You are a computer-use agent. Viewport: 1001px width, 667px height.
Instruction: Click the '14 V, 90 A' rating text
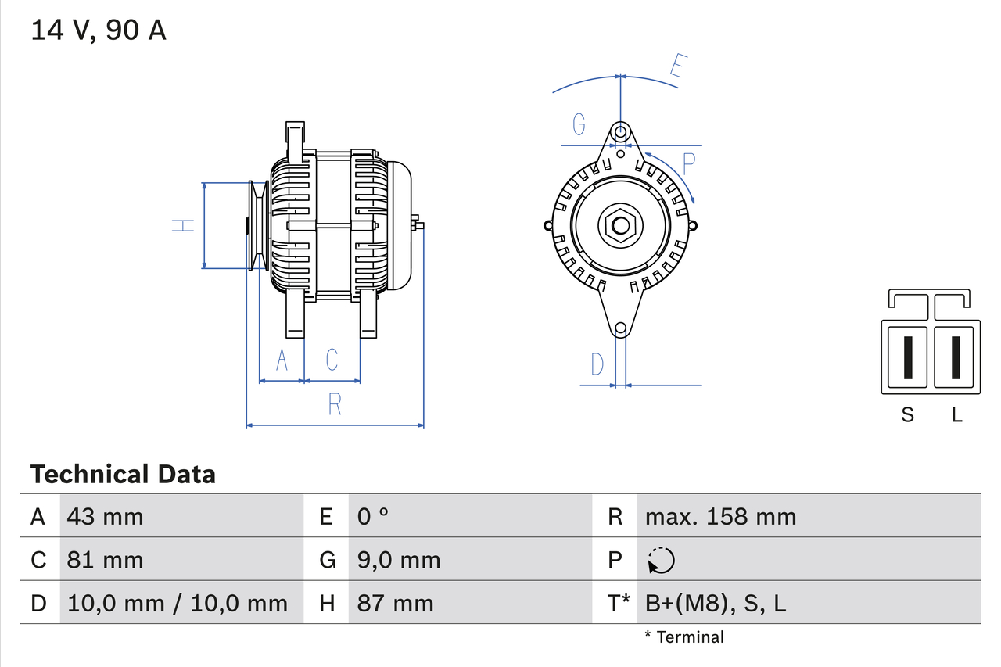(99, 30)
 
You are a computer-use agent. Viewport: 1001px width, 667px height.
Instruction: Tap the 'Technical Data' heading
(123, 474)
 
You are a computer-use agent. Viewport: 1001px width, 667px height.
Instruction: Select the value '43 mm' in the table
(106, 516)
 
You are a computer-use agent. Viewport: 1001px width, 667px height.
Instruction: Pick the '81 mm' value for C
(106, 560)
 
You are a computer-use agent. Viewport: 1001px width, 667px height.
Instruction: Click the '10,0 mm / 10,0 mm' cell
(178, 603)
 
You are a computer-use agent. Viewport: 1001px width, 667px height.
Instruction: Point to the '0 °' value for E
(373, 516)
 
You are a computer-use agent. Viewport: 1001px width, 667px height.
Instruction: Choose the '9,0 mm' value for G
(399, 560)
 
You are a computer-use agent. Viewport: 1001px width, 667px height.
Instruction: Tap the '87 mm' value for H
(395, 603)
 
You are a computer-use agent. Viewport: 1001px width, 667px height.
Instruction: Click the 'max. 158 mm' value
(720, 516)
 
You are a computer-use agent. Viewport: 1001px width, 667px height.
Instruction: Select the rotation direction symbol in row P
(661, 560)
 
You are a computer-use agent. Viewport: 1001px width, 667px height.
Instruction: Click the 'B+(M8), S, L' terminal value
(716, 603)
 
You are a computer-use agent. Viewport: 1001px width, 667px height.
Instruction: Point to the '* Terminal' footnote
(684, 637)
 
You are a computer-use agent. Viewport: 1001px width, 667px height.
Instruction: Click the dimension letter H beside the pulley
(182, 225)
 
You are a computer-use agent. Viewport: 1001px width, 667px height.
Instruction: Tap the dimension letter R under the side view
(335, 404)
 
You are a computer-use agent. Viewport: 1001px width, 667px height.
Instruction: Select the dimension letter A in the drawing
(282, 360)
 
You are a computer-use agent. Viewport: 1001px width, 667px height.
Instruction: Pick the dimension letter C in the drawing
(332, 360)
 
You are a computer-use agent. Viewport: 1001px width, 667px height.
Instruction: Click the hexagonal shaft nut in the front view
(620, 226)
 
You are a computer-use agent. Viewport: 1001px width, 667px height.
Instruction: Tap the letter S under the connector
(907, 414)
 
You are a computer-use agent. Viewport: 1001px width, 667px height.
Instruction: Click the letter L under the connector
(956, 414)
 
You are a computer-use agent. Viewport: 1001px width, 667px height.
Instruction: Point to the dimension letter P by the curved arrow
(688, 164)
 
